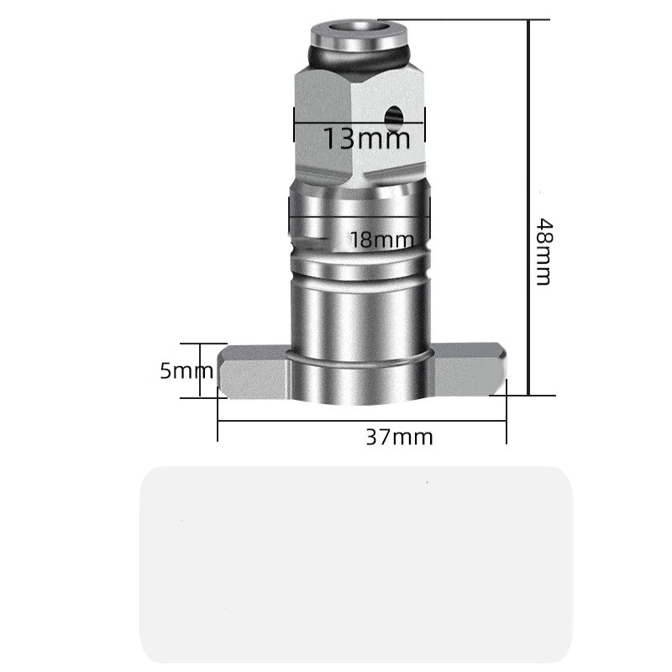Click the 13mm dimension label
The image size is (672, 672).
coord(367,138)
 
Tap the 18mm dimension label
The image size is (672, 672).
coord(376,240)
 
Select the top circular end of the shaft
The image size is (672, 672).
coord(359,34)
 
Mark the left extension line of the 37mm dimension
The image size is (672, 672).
coord(218,416)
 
